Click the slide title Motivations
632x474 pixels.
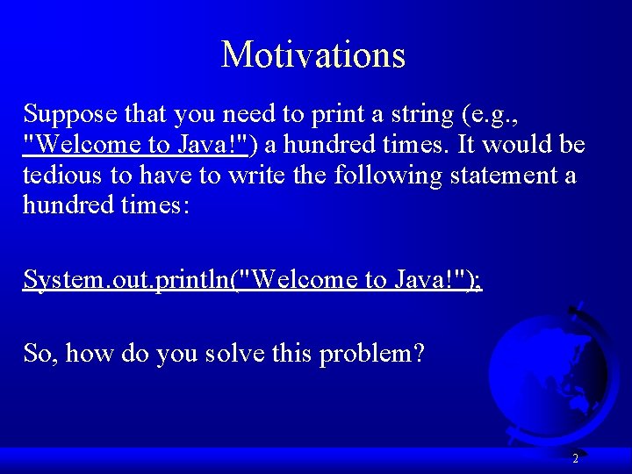pyautogui.click(x=313, y=54)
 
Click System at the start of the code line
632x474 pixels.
pyautogui.click(x=54, y=280)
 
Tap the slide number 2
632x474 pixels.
pyautogui.click(x=575, y=458)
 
